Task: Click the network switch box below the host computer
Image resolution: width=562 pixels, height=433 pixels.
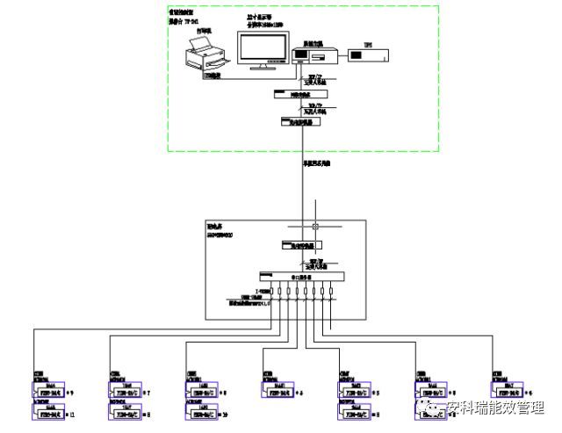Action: (x=300, y=93)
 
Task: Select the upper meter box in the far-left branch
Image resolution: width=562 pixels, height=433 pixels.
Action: (x=52, y=387)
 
